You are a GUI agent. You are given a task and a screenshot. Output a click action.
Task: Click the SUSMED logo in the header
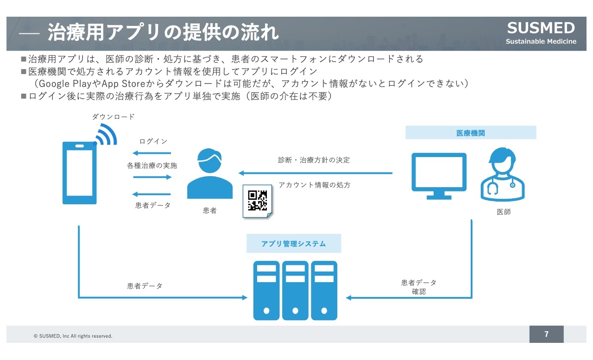(x=541, y=32)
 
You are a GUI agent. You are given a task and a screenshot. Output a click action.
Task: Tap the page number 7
(x=546, y=334)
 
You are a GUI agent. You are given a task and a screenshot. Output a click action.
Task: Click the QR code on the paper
(x=257, y=200)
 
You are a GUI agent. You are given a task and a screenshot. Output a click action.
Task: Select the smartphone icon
(x=79, y=173)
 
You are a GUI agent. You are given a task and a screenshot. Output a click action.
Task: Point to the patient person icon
(x=210, y=173)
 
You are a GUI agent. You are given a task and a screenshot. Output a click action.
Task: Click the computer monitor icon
(x=439, y=176)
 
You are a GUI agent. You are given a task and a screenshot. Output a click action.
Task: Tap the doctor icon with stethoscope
(x=503, y=174)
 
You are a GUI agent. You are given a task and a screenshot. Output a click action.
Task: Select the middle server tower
(x=295, y=291)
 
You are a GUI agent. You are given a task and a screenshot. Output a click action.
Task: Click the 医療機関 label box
(x=471, y=133)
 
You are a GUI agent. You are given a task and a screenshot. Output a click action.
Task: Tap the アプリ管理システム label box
(x=294, y=244)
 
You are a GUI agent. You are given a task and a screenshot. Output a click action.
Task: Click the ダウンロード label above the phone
(x=114, y=117)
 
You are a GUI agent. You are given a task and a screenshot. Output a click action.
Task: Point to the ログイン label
(x=153, y=141)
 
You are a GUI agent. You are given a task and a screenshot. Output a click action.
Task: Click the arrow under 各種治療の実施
(x=152, y=177)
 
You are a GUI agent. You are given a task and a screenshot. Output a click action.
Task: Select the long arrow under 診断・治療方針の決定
(x=315, y=173)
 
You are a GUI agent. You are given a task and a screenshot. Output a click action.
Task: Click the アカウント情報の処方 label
(x=315, y=185)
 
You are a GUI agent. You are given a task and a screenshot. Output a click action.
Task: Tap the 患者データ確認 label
(x=419, y=287)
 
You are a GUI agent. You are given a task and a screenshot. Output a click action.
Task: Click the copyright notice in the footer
(x=73, y=336)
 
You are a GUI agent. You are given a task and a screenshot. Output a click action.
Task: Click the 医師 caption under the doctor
(x=504, y=212)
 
